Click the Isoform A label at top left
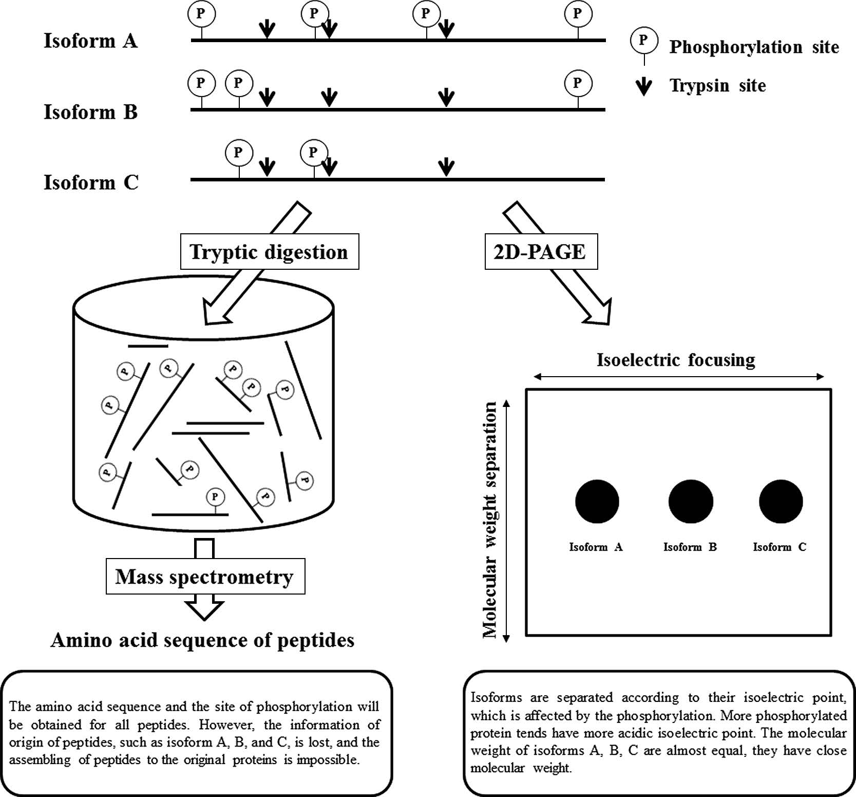coord(90,41)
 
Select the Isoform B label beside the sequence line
coord(90,112)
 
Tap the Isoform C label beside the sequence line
coord(91,182)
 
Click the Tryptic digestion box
coord(269,252)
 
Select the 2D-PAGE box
coord(541,252)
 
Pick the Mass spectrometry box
coord(205,577)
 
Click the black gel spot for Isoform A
coord(597,502)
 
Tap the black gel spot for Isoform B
coord(691,502)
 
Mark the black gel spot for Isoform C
coord(781,502)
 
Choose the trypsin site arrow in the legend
coord(643,86)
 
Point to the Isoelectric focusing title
coord(676,360)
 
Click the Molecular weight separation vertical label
coord(490,519)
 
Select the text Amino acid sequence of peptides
coord(202,640)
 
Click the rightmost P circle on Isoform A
coord(578,14)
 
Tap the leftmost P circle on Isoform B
coord(201,83)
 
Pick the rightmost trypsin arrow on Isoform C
coord(446,166)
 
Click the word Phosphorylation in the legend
coord(735,47)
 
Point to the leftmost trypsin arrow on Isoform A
coord(267,29)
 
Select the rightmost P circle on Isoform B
coord(578,83)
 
